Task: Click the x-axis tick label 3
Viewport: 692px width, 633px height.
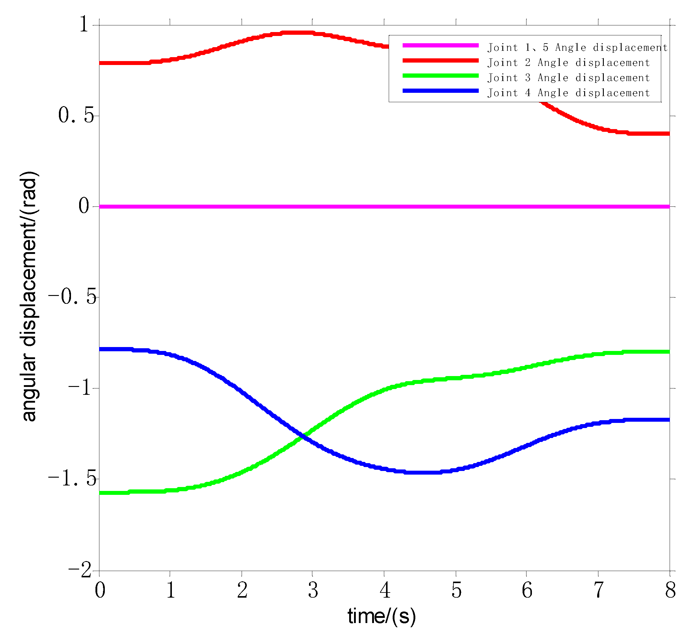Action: (x=313, y=590)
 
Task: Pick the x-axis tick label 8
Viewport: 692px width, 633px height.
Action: (x=670, y=590)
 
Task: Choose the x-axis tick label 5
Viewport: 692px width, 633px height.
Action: (x=456, y=590)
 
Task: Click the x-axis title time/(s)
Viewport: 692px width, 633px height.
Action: (x=382, y=616)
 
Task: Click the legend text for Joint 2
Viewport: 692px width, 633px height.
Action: (x=568, y=63)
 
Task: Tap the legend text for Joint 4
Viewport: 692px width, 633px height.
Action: (x=568, y=93)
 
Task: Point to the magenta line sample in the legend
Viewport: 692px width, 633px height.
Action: (x=440, y=45)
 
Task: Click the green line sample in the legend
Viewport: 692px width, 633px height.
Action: (x=440, y=76)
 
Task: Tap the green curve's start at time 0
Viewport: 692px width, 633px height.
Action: (x=100, y=493)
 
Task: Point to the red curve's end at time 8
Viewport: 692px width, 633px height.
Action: (x=668, y=134)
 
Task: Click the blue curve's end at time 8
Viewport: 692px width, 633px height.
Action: (x=668, y=420)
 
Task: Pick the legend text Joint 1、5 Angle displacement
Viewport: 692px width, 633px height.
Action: (x=577, y=47)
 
